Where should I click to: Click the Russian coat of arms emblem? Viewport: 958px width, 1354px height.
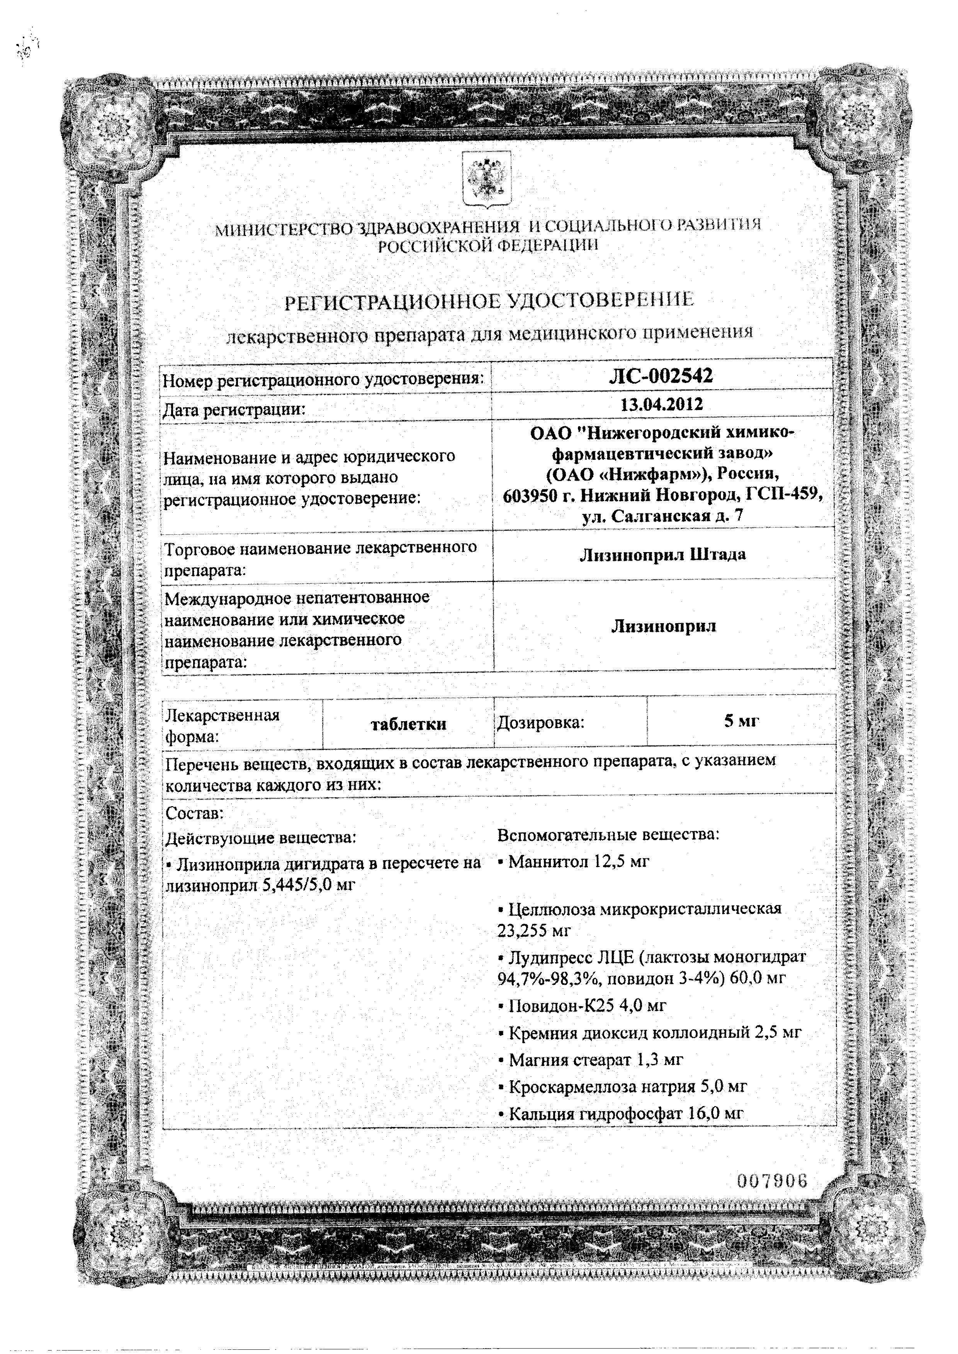(x=487, y=179)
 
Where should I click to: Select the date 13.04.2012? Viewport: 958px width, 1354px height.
(x=661, y=405)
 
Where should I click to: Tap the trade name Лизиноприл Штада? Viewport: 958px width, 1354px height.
(x=662, y=554)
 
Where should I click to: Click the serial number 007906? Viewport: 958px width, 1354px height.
(x=771, y=1181)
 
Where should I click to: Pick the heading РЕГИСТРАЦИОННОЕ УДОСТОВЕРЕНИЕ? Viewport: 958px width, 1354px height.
(x=489, y=302)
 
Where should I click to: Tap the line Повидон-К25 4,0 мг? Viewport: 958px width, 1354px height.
(x=582, y=1005)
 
